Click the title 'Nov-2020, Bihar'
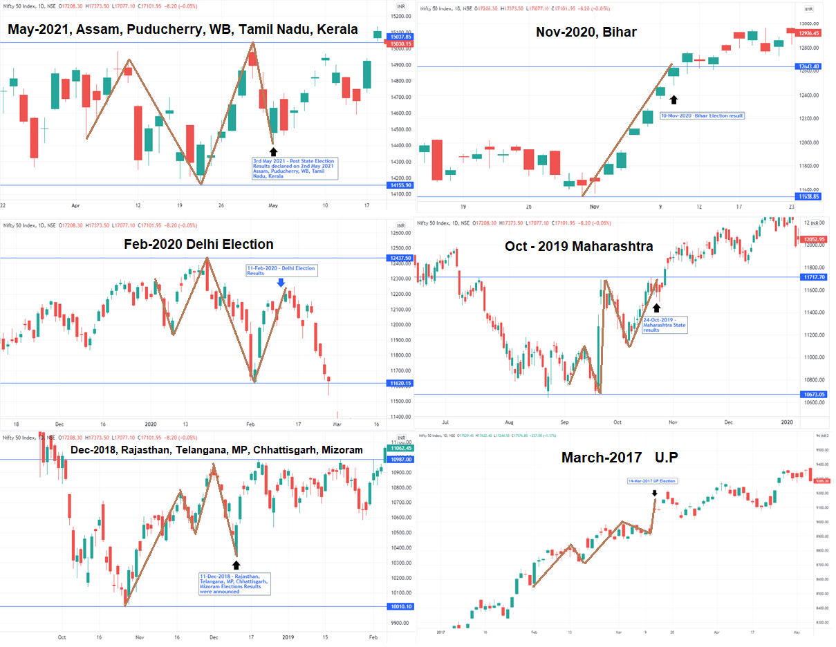pos(586,32)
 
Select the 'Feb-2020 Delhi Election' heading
pos(198,244)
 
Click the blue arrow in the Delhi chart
pos(280,282)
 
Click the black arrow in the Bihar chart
pos(674,100)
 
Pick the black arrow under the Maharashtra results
pos(656,307)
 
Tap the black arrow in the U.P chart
pos(654,493)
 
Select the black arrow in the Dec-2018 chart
pos(236,565)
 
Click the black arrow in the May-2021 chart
pos(273,151)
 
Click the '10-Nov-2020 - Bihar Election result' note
pos(702,115)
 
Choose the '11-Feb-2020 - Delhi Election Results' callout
pos(281,270)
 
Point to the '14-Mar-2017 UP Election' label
pos(652,480)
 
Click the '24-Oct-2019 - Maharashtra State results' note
pos(665,325)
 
